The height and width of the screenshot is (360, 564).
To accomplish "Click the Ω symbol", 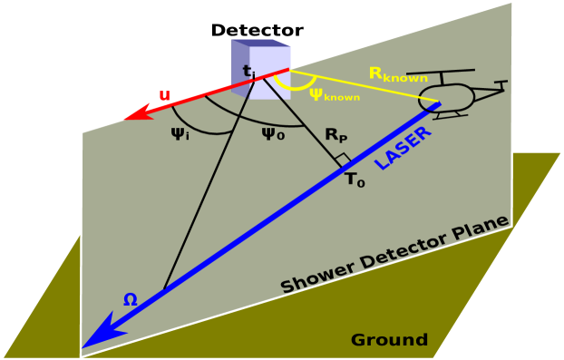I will [x=131, y=298].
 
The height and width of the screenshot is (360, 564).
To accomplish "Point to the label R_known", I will [x=397, y=74].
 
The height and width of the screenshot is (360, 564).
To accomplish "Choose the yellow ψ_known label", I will [x=334, y=94].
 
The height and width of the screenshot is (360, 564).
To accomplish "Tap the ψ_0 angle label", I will [x=272, y=134].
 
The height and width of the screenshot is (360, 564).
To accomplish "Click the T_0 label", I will [x=355, y=180].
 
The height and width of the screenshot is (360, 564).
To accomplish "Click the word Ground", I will [x=389, y=340].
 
